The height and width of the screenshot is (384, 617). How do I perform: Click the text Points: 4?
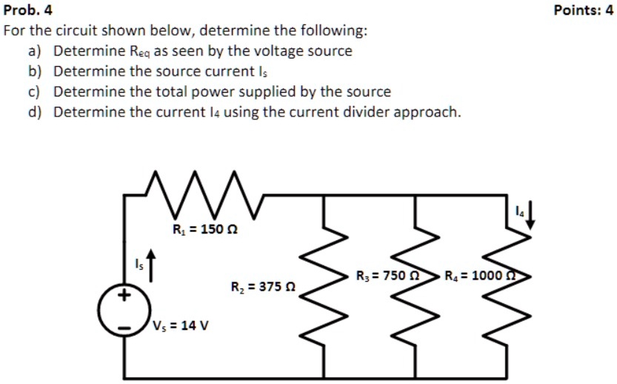click(x=584, y=10)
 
